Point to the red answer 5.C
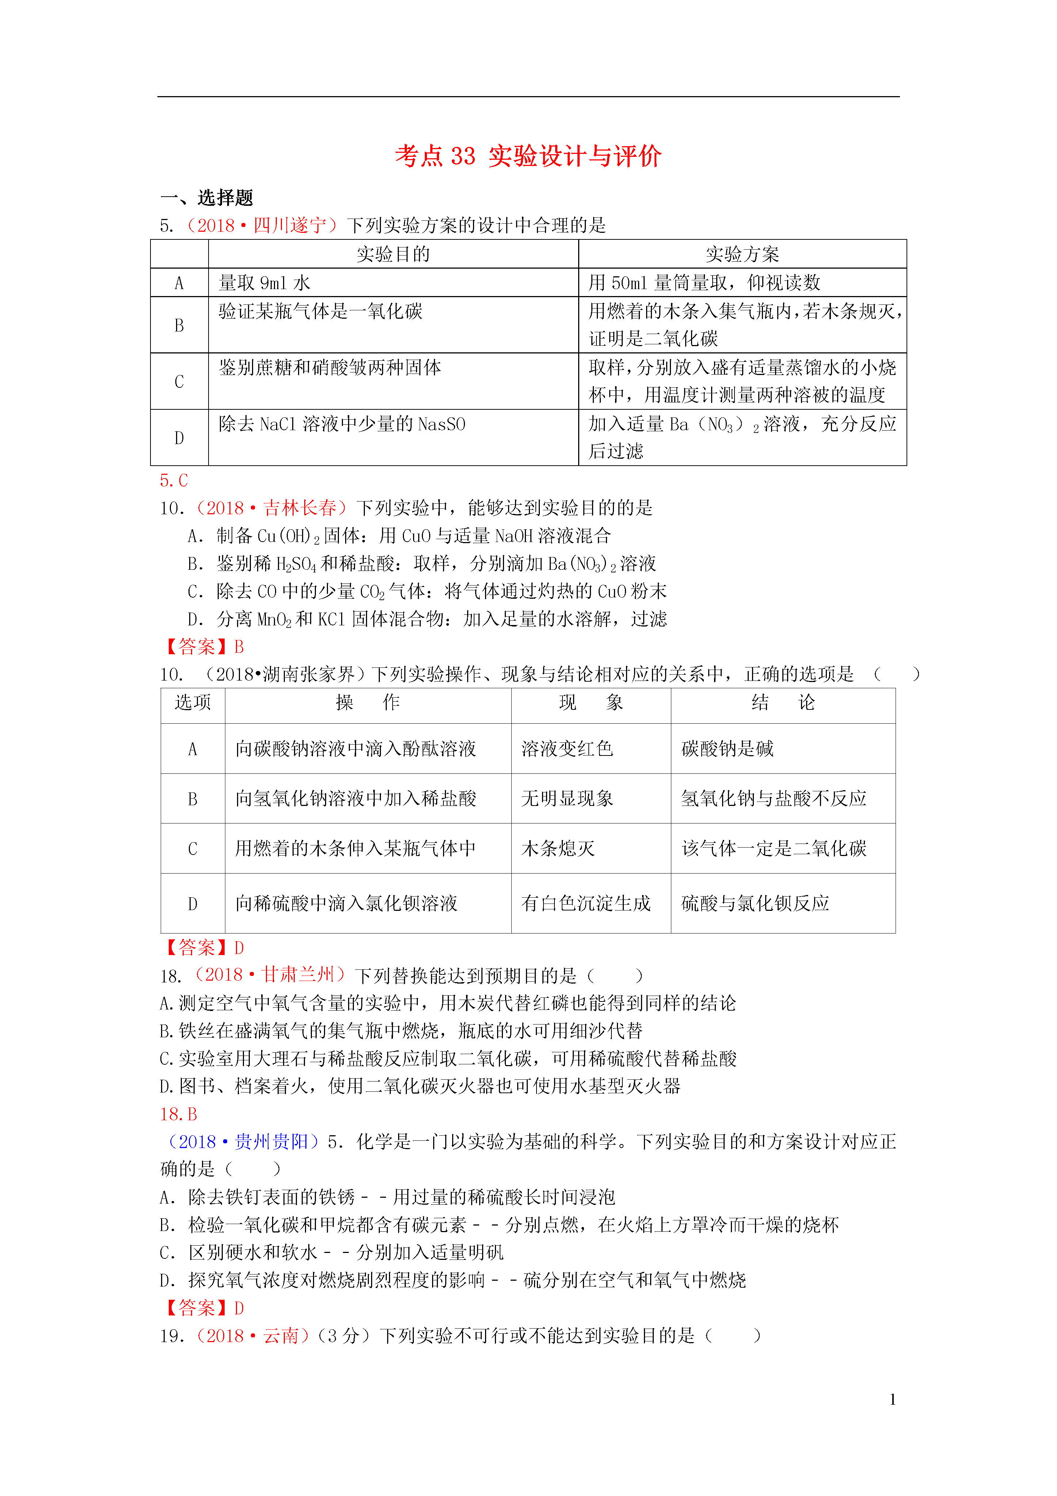tap(174, 481)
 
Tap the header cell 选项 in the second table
tap(193, 702)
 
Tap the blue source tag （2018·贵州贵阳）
tap(243, 1141)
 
